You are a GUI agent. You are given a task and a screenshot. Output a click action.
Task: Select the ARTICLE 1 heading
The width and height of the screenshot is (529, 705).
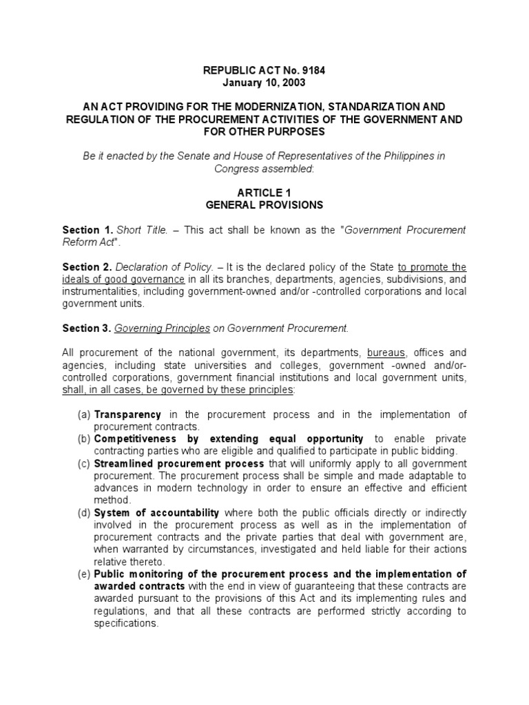pyautogui.click(x=264, y=193)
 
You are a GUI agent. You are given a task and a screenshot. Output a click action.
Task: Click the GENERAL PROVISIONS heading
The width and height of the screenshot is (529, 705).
pyautogui.click(x=264, y=205)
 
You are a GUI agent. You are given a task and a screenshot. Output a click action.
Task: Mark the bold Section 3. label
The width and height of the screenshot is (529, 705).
pyautogui.click(x=87, y=329)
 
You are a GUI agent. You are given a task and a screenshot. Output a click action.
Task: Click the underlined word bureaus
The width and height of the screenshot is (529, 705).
pyautogui.click(x=386, y=353)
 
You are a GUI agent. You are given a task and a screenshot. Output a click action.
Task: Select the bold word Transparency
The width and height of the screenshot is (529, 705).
pyautogui.click(x=128, y=414)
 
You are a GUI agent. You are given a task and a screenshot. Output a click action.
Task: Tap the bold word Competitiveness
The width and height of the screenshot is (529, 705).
pyautogui.click(x=137, y=439)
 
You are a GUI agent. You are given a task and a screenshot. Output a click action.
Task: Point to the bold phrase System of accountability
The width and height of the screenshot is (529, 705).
pyautogui.click(x=157, y=513)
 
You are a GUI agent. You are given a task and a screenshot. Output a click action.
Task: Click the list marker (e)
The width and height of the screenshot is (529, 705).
pyautogui.click(x=84, y=574)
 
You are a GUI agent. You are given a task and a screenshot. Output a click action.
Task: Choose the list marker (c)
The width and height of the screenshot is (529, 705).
pyautogui.click(x=84, y=464)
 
